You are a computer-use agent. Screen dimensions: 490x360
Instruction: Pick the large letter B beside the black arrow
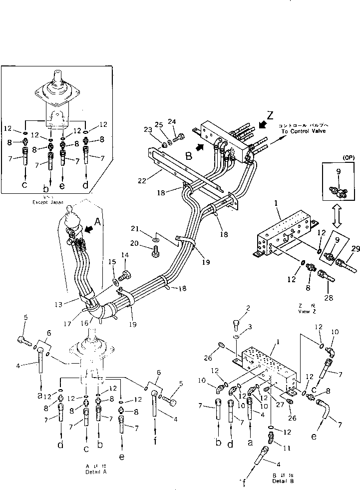[x=189, y=156]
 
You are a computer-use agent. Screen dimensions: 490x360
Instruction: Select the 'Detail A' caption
[x=96, y=471]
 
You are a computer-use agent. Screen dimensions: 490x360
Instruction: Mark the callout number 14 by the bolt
[x=126, y=255]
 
